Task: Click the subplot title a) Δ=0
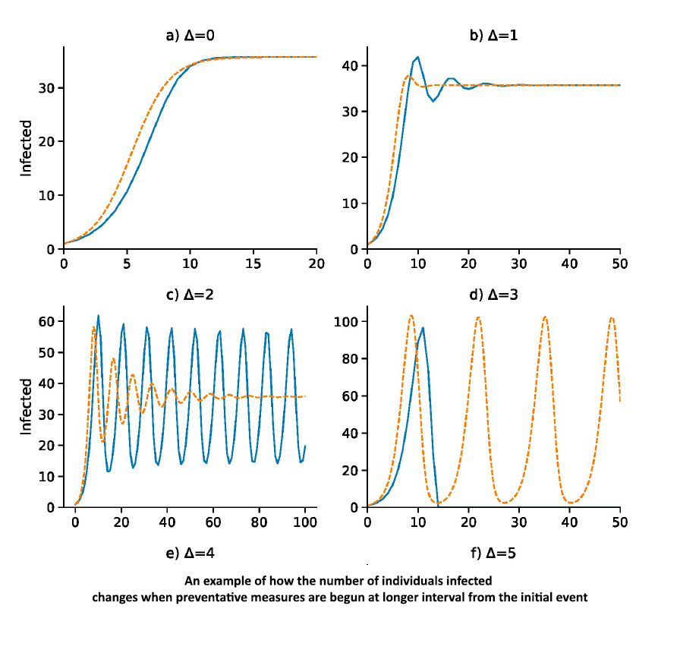(190, 35)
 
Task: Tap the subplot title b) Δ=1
(493, 35)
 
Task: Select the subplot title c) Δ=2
(190, 294)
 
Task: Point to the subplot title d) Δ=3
(493, 294)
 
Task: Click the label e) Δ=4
(190, 553)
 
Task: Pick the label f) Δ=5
(493, 553)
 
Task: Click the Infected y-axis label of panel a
(27, 148)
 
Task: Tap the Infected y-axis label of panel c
(27, 407)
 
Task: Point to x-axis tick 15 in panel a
(253, 263)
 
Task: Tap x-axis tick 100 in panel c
(305, 522)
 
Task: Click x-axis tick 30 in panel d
(519, 522)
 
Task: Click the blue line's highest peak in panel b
(417, 57)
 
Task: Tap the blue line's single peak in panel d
(423, 328)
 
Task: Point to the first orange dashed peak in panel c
(93, 327)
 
